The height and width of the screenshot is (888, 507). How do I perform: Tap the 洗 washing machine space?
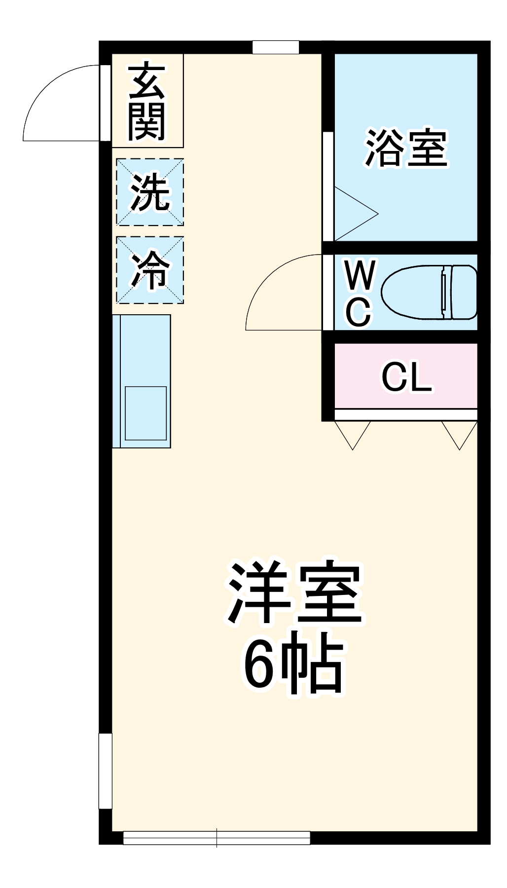(x=150, y=192)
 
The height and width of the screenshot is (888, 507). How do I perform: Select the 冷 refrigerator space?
(x=150, y=270)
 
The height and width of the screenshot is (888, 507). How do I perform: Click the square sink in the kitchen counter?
(x=145, y=413)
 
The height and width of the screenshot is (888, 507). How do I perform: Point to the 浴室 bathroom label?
(x=406, y=148)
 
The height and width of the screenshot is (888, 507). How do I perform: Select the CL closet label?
(x=406, y=377)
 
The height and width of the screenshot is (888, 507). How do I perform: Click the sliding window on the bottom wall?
(x=217, y=838)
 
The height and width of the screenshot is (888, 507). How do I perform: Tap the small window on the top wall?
(x=276, y=47)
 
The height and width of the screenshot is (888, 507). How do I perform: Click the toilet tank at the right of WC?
(x=464, y=292)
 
